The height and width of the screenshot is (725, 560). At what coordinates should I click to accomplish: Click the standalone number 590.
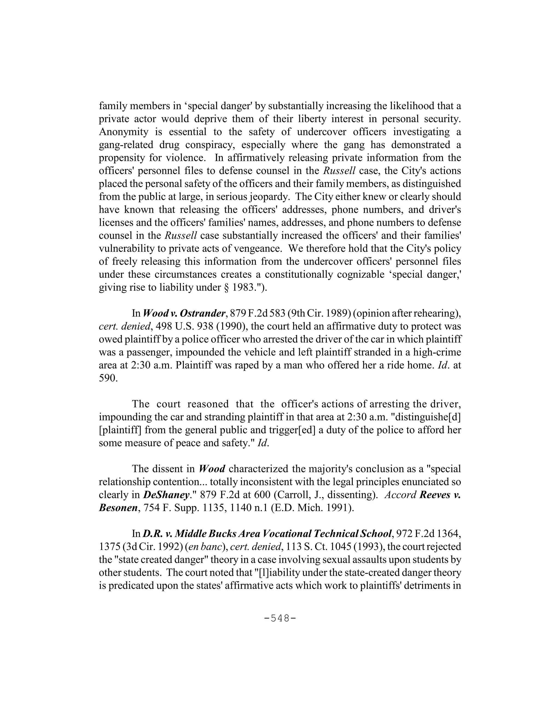click(108, 378)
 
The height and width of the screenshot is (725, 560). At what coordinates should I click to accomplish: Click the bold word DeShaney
click(166, 495)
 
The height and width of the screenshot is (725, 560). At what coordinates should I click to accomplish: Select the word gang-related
click(126, 145)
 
